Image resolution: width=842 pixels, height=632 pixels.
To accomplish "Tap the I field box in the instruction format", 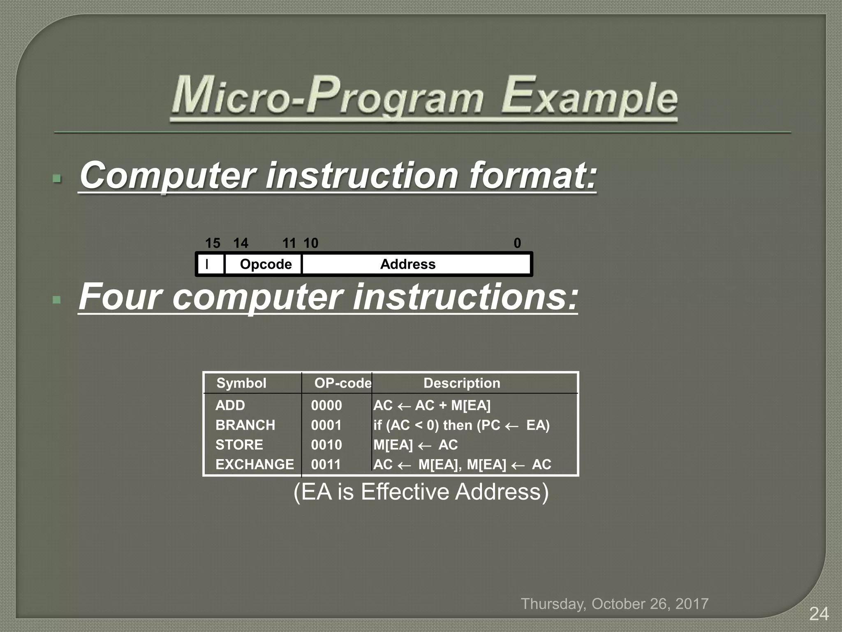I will pos(210,264).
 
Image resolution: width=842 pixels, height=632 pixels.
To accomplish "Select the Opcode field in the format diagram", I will pos(266,264).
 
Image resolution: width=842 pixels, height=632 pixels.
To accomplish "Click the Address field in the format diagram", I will pos(408,264).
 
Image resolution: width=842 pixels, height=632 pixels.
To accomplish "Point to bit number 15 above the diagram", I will pos(213,243).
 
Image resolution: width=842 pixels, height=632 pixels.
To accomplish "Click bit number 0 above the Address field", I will pos(517,243).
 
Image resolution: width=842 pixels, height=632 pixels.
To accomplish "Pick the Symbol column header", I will pos(241,383).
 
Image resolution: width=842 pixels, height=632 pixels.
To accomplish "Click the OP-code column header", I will pos(342,383).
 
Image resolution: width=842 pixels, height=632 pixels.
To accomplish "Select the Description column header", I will pos(462,383).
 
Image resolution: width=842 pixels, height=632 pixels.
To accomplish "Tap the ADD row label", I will pos(230,405).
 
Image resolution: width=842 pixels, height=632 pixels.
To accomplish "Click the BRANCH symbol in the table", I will pos(245,425).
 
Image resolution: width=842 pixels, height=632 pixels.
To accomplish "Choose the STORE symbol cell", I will pos(239,445).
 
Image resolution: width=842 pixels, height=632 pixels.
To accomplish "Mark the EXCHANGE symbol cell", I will pos(254,465).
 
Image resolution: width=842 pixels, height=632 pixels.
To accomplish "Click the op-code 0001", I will pos(326,425).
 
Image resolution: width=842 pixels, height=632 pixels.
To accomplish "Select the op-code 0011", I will pos(326,465).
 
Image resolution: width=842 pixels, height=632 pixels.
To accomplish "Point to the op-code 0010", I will pos(326,445).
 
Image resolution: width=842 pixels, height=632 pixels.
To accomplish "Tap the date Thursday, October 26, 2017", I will pos(615,604).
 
